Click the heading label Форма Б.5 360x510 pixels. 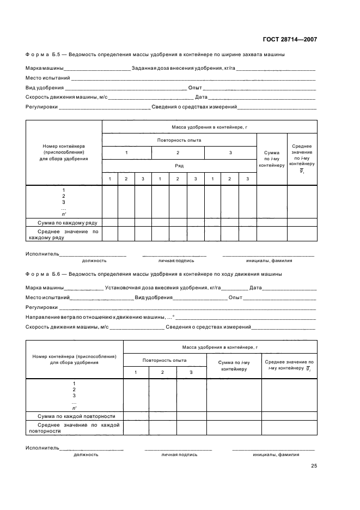click(x=44, y=54)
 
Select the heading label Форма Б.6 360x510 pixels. click(x=44, y=274)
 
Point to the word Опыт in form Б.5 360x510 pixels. click(x=195, y=88)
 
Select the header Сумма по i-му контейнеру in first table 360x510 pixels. click(x=271, y=159)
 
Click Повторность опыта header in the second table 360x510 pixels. click(x=164, y=360)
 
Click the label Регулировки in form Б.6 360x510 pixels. click(x=38, y=307)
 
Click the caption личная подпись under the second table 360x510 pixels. click(x=178, y=454)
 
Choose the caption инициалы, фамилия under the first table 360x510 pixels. click(x=269, y=260)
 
